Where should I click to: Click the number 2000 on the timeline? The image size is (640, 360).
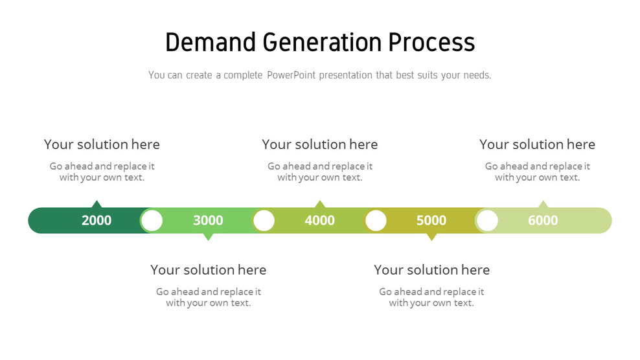(97, 220)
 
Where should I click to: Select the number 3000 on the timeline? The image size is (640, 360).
(208, 220)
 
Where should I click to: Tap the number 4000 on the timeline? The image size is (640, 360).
(319, 220)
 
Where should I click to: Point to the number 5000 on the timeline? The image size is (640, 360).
(431, 220)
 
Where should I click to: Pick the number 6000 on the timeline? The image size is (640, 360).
(543, 220)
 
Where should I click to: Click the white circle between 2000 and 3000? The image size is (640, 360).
(152, 220)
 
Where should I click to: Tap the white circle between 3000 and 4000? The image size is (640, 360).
(264, 220)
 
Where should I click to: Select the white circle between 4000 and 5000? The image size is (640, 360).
(376, 220)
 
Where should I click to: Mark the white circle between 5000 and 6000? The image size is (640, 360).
(487, 220)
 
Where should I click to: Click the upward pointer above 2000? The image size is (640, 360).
(97, 204)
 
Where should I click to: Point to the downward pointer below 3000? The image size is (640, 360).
(208, 236)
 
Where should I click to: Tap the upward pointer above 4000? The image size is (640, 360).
(319, 204)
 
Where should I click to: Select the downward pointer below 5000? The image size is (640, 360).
(431, 236)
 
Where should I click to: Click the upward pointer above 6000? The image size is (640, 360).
(543, 204)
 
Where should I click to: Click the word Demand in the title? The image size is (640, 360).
(211, 42)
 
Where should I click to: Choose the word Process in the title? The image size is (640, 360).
(431, 42)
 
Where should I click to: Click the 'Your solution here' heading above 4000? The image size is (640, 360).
(319, 144)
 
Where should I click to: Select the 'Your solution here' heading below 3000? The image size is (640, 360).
(208, 269)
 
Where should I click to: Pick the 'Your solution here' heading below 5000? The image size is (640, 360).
(431, 269)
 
